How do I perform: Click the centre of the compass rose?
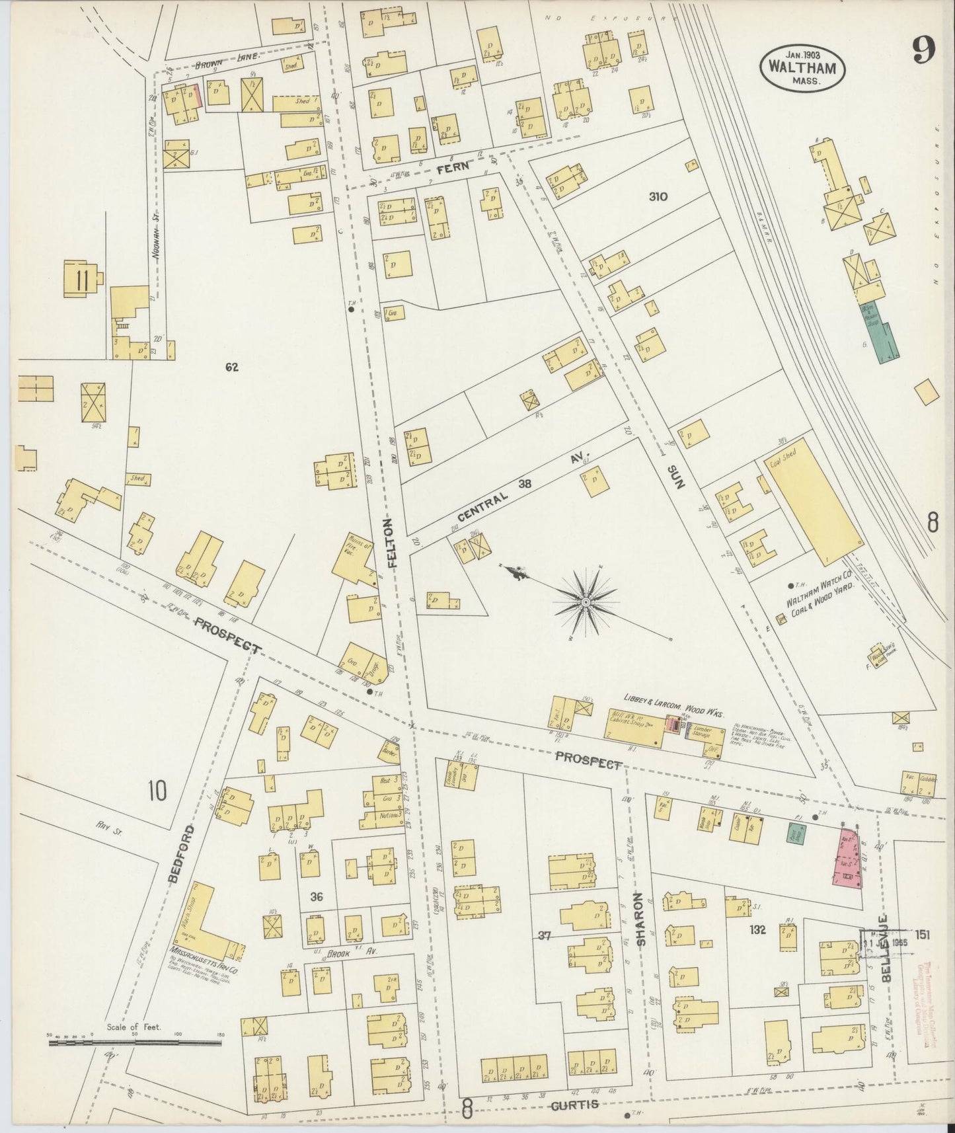(586, 602)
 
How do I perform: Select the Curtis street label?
(576, 1104)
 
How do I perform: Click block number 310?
(658, 196)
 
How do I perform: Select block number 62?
(231, 368)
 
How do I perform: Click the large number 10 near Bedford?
(157, 790)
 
